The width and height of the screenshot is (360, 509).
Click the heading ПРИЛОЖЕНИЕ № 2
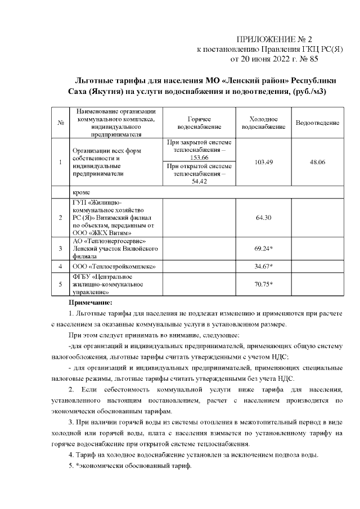273,39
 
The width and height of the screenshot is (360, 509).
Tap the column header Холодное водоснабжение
263,123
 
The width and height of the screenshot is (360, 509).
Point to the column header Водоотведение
317,123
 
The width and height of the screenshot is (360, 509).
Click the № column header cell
60,123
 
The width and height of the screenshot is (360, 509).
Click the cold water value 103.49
263,162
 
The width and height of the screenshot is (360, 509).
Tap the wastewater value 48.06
317,162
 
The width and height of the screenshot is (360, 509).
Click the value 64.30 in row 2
263,217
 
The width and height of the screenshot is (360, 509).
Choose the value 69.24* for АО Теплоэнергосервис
263,247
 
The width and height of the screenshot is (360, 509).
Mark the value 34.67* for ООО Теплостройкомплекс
263,265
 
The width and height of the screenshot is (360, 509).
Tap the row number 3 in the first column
60,247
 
